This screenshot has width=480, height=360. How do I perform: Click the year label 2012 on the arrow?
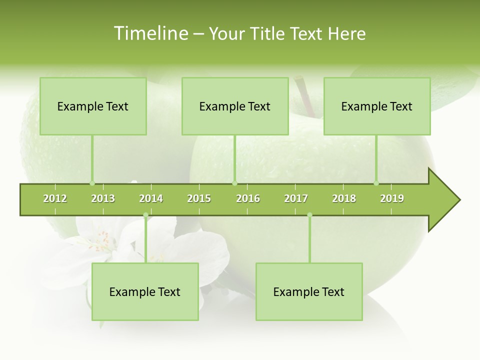[x=55, y=198]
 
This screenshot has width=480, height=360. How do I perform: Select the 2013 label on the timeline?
[x=103, y=198]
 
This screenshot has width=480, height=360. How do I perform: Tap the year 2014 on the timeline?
[x=151, y=198]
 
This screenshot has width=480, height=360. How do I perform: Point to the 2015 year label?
[x=199, y=198]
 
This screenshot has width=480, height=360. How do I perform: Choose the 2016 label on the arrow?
[x=248, y=198]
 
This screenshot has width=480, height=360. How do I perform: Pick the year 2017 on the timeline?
[x=296, y=198]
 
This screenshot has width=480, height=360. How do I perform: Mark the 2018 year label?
[x=344, y=198]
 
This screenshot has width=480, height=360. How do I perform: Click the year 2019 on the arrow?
[x=392, y=198]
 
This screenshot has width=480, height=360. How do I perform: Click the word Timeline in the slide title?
[x=150, y=33]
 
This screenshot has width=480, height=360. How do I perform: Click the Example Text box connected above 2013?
[x=93, y=106]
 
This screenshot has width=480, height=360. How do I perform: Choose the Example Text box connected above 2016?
[x=235, y=106]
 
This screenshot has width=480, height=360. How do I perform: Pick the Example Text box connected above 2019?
[x=377, y=106]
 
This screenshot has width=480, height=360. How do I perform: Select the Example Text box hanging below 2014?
[x=145, y=291]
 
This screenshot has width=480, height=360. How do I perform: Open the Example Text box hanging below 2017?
[x=309, y=291]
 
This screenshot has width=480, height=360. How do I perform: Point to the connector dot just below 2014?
[x=145, y=215]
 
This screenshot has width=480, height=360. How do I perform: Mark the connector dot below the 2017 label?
[x=309, y=215]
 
